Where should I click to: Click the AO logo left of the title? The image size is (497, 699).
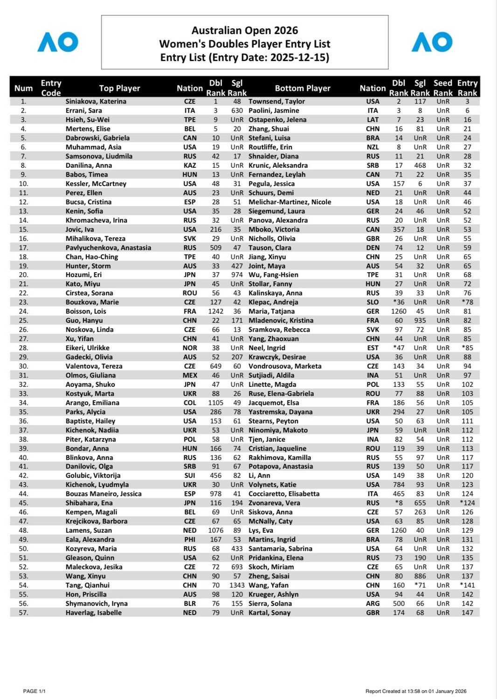tap(58, 42)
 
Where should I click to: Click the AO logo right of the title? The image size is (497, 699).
tap(432, 42)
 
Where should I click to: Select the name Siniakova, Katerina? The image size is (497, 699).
tap(96, 102)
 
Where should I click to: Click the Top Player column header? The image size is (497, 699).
tap(119, 88)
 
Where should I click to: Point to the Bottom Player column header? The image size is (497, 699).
tap(303, 88)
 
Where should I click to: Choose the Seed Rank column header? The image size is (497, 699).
tap(443, 88)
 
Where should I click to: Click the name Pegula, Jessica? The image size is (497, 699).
tap(271, 184)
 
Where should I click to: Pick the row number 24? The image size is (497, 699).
tap(23, 311)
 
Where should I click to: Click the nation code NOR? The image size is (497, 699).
tap(190, 348)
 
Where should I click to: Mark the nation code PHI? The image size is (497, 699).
tap(190, 540)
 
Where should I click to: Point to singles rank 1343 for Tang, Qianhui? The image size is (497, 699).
tap(237, 585)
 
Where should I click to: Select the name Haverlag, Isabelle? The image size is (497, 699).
tap(93, 613)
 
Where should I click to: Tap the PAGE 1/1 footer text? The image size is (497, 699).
tap(35, 691)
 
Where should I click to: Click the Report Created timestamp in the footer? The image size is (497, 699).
tap(416, 691)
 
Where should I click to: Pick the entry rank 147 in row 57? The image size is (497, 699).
tap(467, 613)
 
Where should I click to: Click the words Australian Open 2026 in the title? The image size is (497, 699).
tap(245, 31)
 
